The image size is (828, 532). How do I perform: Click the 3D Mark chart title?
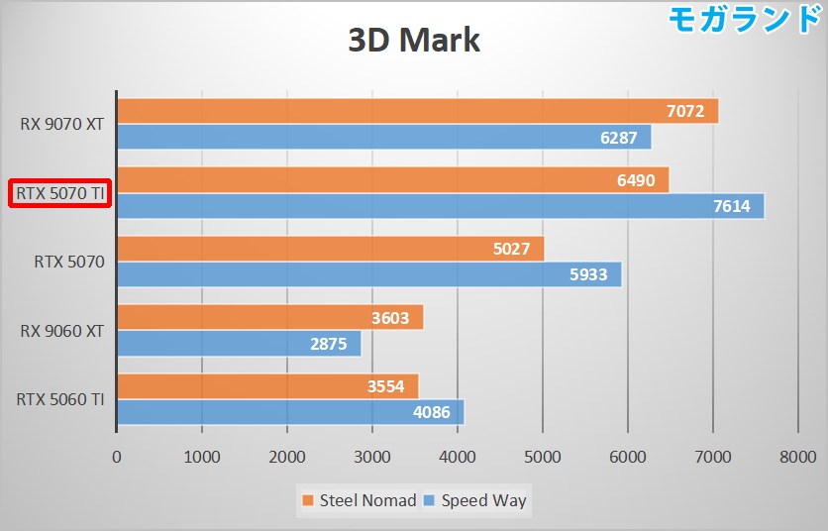[414, 41]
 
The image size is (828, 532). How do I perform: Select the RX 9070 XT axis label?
[61, 125]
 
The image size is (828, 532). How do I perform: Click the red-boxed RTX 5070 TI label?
[59, 193]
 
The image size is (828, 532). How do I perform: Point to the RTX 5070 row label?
[69, 263]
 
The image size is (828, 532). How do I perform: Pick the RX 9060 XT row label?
[61, 331]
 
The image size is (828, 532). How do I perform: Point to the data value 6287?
[618, 138]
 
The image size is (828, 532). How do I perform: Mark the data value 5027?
[512, 249]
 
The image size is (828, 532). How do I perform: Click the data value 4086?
[432, 413]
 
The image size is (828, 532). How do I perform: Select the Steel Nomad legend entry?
[359, 500]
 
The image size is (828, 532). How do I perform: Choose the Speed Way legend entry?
[475, 500]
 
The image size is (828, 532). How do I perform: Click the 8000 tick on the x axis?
[796, 457]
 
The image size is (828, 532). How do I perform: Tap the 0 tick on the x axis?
[117, 457]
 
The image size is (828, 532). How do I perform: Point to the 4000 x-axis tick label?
[457, 457]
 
